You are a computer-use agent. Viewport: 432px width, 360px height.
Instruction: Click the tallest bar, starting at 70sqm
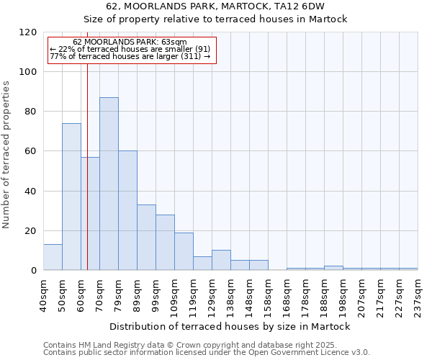click(x=109, y=184)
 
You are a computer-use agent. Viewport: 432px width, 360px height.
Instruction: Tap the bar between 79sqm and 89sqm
click(x=127, y=210)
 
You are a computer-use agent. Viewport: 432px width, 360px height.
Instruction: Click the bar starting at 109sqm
click(x=184, y=251)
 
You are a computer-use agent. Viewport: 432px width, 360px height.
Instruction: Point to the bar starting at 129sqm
click(x=221, y=261)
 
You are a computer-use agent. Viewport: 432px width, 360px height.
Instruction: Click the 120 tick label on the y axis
click(x=28, y=32)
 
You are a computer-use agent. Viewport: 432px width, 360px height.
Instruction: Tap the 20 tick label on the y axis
click(x=31, y=231)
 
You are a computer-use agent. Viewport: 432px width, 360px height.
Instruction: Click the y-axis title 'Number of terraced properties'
click(x=7, y=155)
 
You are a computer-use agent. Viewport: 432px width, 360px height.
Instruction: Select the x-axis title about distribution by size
click(x=230, y=326)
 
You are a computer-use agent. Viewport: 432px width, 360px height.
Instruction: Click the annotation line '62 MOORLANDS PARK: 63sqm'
click(x=130, y=42)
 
